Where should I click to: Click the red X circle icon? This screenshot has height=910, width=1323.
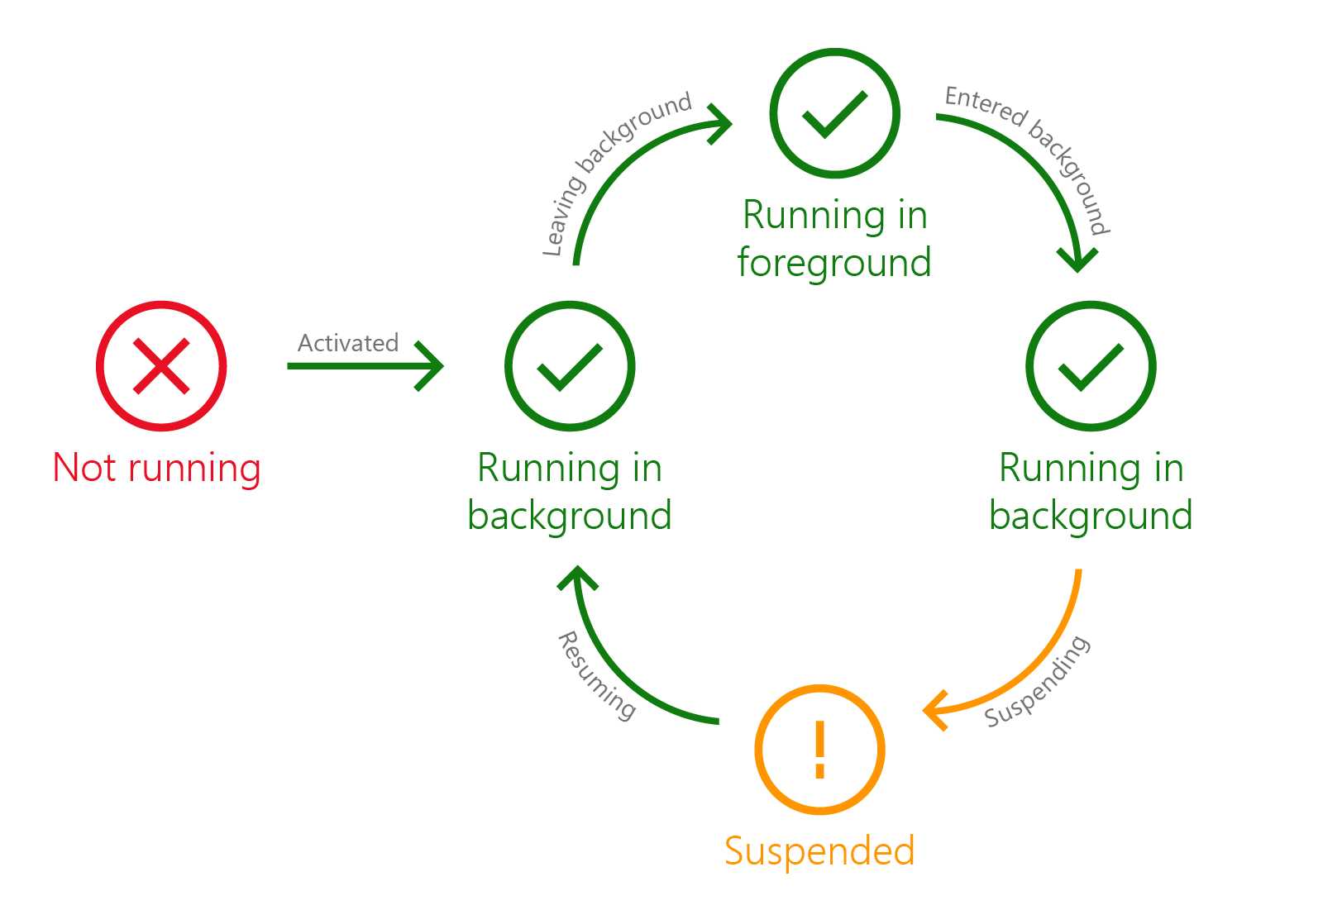point(161,366)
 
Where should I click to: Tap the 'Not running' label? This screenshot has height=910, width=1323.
point(157,468)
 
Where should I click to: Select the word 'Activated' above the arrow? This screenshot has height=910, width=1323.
point(348,343)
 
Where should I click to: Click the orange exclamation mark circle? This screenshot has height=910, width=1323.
point(819,750)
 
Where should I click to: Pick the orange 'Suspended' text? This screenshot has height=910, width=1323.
point(819,851)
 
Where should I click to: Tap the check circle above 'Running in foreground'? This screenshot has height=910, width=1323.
point(834,113)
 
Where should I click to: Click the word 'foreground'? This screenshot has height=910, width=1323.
point(834,263)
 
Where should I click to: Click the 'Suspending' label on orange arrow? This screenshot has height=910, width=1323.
point(1039,683)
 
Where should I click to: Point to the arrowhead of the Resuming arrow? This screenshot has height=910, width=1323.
point(577,575)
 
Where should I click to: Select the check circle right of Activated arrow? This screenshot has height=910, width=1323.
point(570,366)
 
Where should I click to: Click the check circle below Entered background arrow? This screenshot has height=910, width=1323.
point(1091,366)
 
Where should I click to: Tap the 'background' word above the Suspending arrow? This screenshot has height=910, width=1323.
point(1091,516)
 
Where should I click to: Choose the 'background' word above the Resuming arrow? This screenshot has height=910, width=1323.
point(570,516)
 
